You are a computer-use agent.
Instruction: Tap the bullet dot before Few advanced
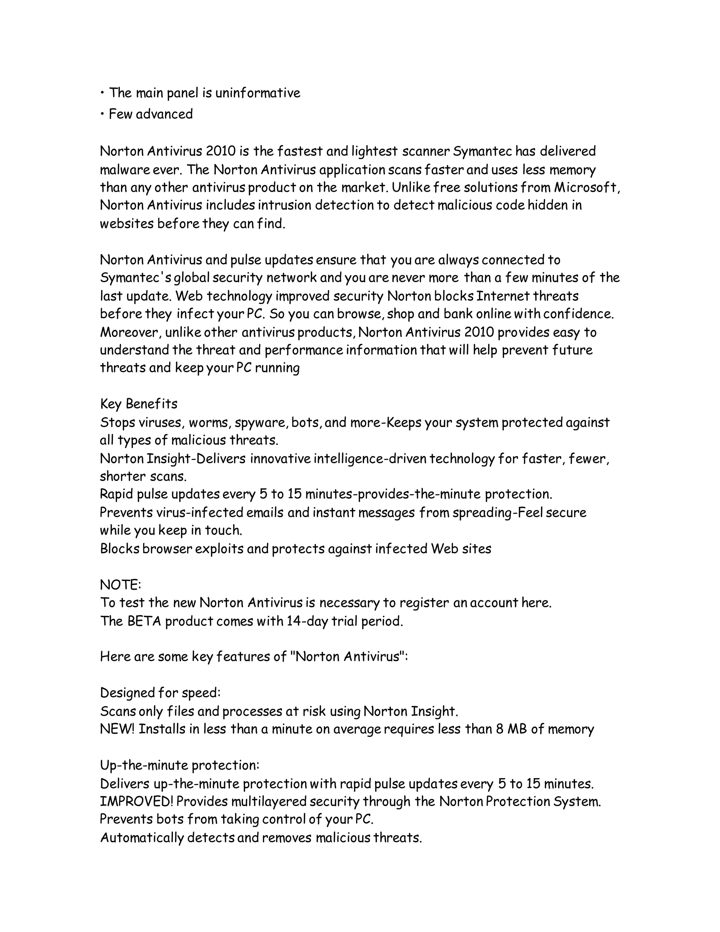coord(102,114)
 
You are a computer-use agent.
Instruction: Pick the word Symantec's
coord(136,278)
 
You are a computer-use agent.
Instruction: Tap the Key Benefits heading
coord(139,404)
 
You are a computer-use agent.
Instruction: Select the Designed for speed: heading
coord(160,692)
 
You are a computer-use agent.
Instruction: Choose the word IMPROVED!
coord(136,802)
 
